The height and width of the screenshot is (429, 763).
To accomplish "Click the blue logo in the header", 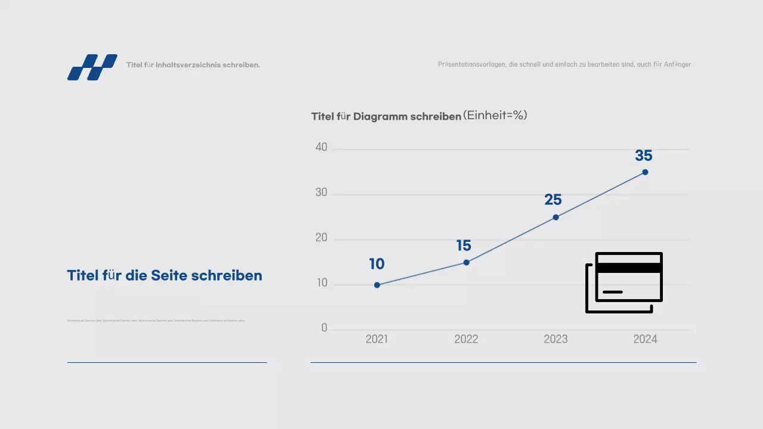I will (92, 67).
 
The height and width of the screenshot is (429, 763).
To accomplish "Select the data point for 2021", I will (377, 285).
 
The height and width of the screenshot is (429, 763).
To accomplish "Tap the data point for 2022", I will (466, 262).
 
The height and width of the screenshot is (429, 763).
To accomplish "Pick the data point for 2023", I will (556, 217).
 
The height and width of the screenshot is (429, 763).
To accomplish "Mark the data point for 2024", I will (645, 172).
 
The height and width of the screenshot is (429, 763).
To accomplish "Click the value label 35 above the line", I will (644, 156).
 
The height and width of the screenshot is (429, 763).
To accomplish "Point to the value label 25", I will (553, 200).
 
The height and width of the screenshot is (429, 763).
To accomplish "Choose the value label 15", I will (464, 245).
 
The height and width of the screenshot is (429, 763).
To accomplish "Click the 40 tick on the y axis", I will (321, 148).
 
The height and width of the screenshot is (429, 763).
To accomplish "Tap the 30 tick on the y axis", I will (321, 193).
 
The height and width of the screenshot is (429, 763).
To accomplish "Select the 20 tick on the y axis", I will (321, 238).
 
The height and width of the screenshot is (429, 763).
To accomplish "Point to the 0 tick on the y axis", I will (324, 328).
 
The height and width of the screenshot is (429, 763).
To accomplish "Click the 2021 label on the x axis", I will (377, 339).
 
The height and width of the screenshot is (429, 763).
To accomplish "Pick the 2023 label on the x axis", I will (556, 339).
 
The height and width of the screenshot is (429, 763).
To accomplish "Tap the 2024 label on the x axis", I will (645, 339).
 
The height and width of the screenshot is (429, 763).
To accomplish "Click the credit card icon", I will (624, 282).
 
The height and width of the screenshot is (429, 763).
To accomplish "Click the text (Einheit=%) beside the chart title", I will (495, 116).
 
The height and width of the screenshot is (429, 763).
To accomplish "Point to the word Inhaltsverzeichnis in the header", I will (187, 65).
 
